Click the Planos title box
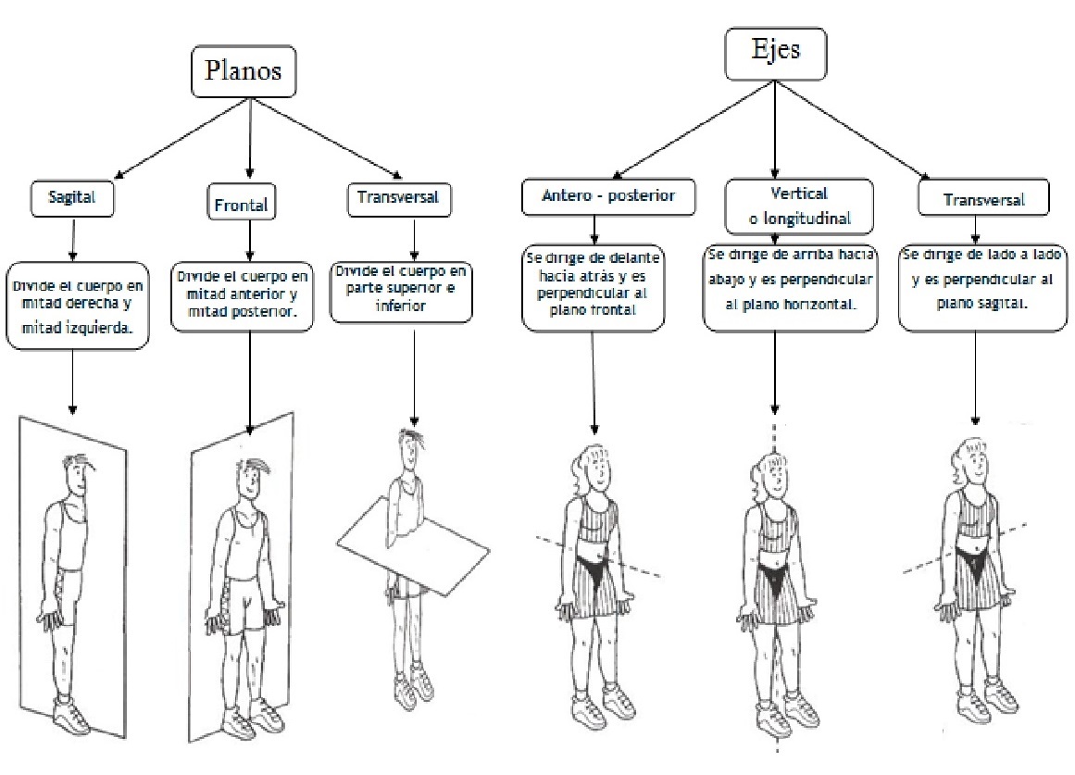click(244, 71)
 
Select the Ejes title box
click(775, 54)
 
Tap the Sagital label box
click(72, 198)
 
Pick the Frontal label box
click(242, 202)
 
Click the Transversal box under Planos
click(399, 199)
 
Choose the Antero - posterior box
click(608, 197)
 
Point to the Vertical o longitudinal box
click(799, 206)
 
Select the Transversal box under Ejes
click(983, 198)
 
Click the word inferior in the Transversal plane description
click(400, 306)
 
